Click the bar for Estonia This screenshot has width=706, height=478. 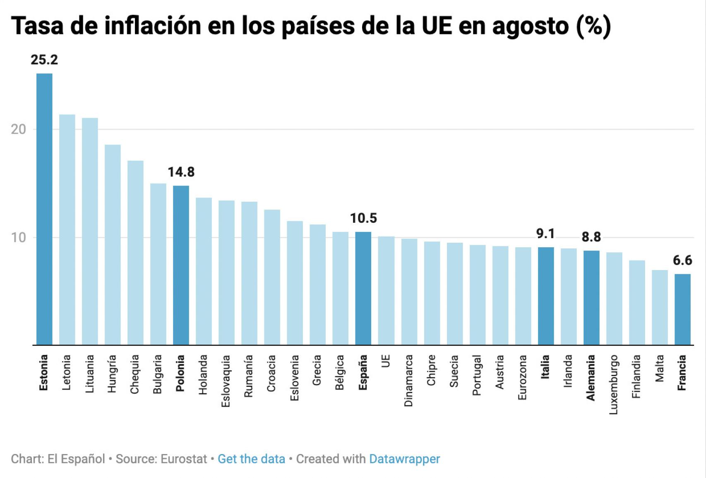tap(44, 209)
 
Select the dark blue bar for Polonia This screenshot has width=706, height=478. tap(181, 265)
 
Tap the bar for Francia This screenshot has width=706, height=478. tap(682, 309)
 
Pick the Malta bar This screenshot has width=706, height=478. tap(660, 307)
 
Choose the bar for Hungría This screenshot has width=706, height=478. tap(113, 244)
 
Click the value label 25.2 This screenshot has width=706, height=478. tap(44, 60)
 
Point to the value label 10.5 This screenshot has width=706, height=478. tap(363, 218)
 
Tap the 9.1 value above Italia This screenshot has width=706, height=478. tap(545, 234)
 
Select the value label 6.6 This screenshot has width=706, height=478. tap(682, 261)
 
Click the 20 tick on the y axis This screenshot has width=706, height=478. tap(18, 129)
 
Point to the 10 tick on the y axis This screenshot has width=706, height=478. tap(18, 238)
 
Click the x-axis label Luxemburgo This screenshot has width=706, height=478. tap(614, 384)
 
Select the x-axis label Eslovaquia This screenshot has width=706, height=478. tap(226, 381)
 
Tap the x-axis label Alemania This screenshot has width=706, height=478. tap(591, 377)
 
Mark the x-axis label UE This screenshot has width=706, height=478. tap(386, 361)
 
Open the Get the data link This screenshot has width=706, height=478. tap(251, 459)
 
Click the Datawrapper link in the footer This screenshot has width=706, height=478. tap(404, 459)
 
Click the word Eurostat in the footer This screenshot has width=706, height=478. tap(183, 459)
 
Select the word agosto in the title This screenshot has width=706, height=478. tap(531, 26)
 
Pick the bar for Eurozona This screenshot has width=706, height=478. tap(523, 296)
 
